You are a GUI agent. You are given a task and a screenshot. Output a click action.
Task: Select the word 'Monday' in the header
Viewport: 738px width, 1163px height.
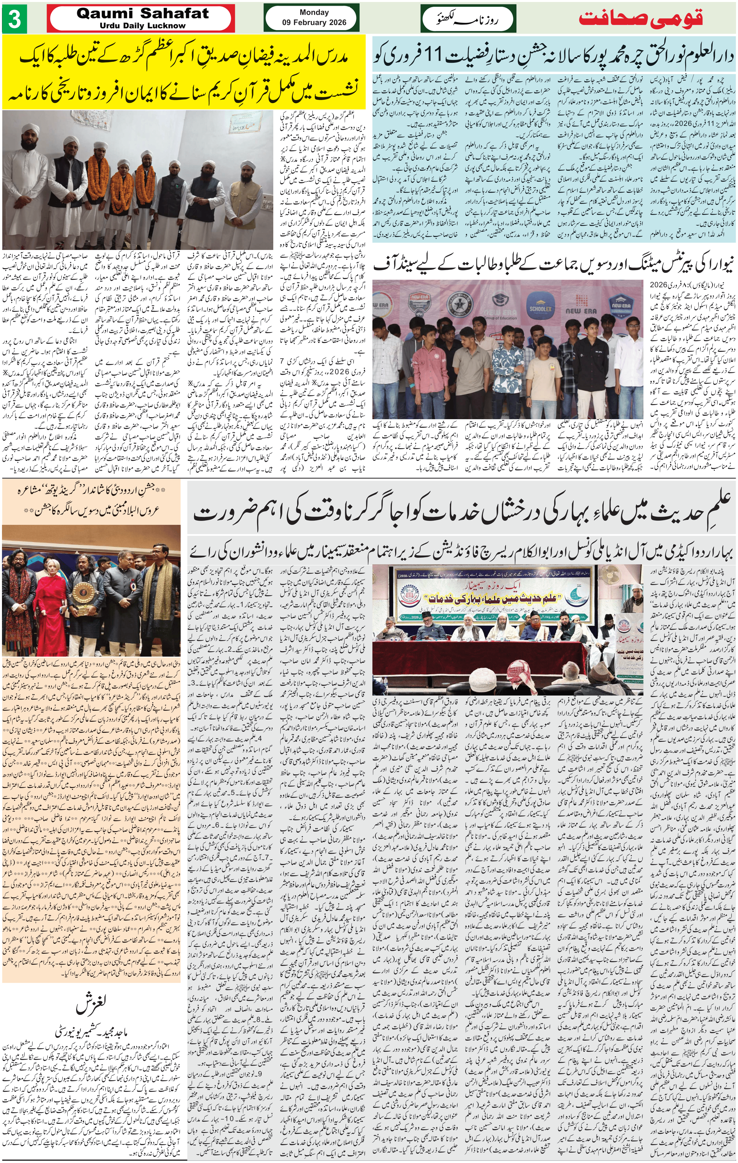314,12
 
